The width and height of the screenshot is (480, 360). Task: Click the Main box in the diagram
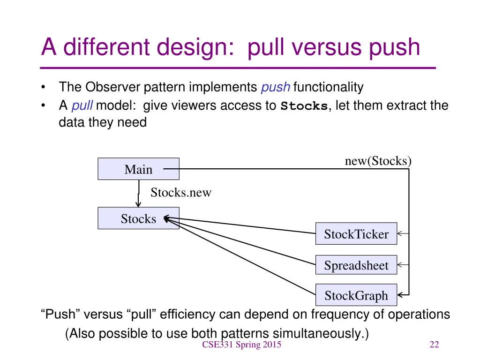click(x=138, y=169)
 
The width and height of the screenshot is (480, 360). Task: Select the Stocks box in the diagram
click(x=138, y=218)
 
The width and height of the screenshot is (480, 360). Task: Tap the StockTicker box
click(x=356, y=234)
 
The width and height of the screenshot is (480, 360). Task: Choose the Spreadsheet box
click(x=356, y=265)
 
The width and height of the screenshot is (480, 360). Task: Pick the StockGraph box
click(x=356, y=295)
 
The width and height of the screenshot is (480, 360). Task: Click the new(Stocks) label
click(x=378, y=161)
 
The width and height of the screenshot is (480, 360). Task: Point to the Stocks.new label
click(x=180, y=193)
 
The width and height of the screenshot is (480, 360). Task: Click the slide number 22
click(x=434, y=345)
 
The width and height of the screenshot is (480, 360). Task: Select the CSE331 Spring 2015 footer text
click(x=241, y=345)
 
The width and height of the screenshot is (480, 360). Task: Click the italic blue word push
click(x=276, y=87)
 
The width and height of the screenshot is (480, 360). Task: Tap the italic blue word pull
click(x=82, y=106)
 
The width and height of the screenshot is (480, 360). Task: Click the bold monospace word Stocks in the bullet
click(x=304, y=106)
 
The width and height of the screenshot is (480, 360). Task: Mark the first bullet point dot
click(x=44, y=87)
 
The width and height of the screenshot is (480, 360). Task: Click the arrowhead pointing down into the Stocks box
click(x=138, y=203)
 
